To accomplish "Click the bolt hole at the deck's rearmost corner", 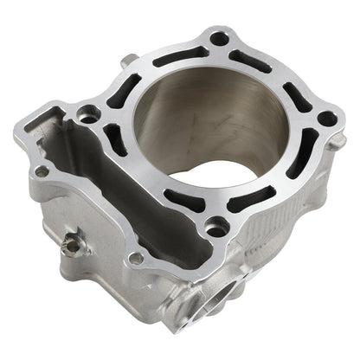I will (219, 38).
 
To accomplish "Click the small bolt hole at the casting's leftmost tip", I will (41, 170).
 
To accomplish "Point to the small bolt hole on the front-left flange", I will (136, 258).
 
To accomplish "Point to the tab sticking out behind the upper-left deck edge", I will (129, 60).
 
